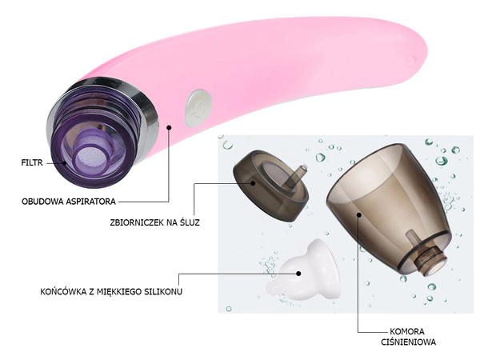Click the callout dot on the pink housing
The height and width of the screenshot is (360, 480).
click(169, 126)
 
